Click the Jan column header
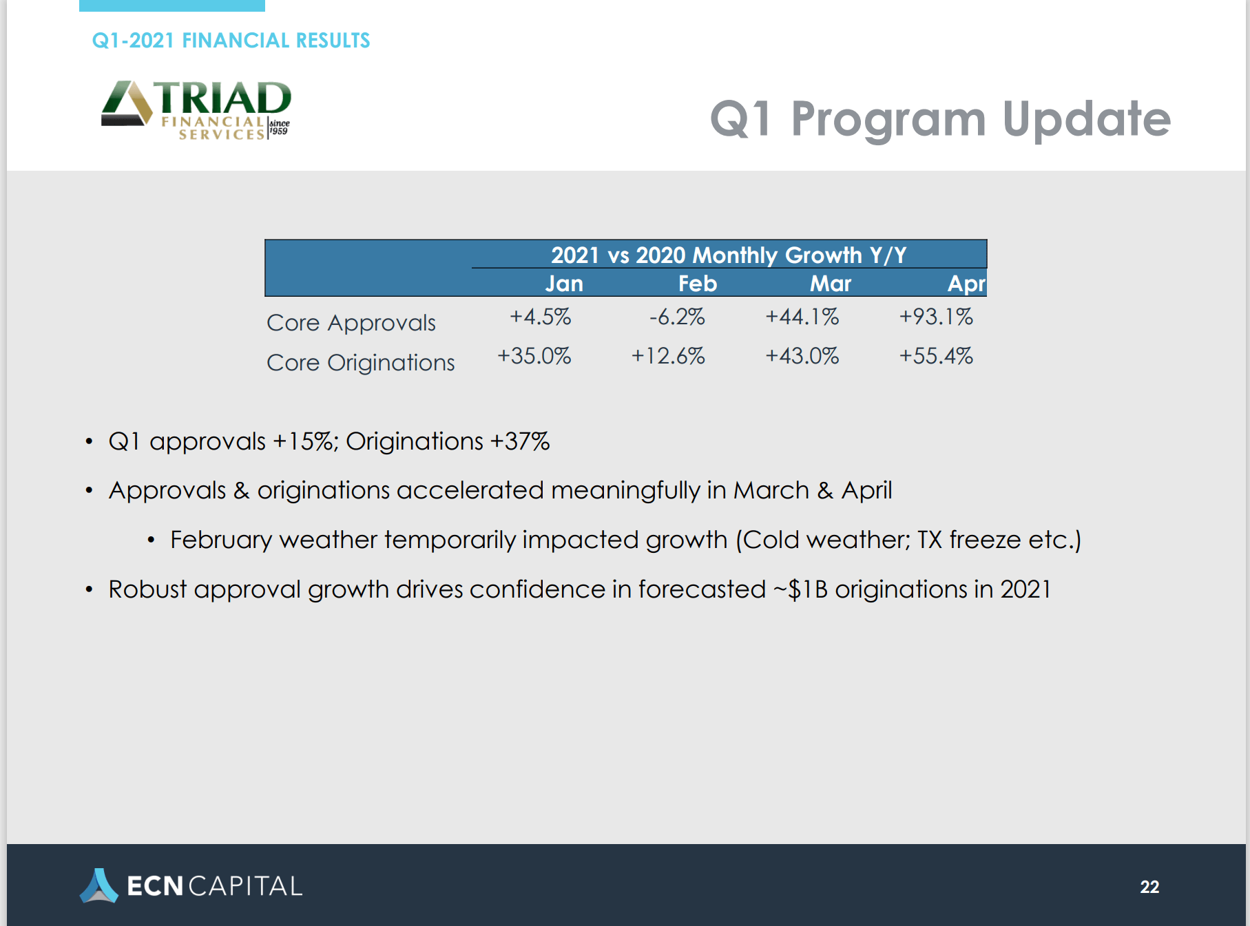pyautogui.click(x=564, y=284)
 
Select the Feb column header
pyautogui.click(x=698, y=284)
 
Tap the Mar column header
pyautogui.click(x=831, y=284)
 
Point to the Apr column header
pyautogui.click(x=967, y=284)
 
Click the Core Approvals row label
pyautogui.click(x=351, y=323)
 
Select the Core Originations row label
pyautogui.click(x=361, y=362)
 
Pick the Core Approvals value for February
pyautogui.click(x=677, y=317)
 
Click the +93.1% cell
pyautogui.click(x=936, y=317)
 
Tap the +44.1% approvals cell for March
pyautogui.click(x=802, y=317)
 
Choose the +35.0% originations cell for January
pyautogui.click(x=534, y=356)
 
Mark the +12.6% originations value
pyautogui.click(x=668, y=356)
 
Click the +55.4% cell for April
pyautogui.click(x=936, y=356)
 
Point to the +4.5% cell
pyautogui.click(x=541, y=317)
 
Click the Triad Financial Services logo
pyautogui.click(x=196, y=110)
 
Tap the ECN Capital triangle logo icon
pyautogui.click(x=98, y=885)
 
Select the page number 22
pyautogui.click(x=1149, y=887)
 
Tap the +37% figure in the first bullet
pyautogui.click(x=520, y=441)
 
